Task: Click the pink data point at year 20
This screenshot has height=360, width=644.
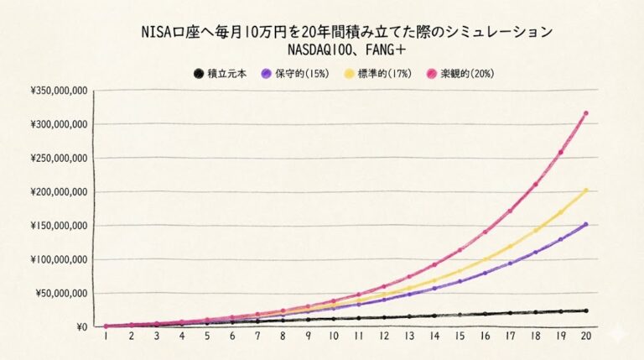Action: (586, 112)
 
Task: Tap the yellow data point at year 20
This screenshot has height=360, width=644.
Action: (586, 190)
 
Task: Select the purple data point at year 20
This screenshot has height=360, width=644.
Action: (586, 224)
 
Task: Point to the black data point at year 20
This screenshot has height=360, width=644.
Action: (586, 310)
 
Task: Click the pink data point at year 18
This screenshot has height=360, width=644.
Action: (536, 185)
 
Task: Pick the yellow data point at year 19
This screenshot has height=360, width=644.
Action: (561, 211)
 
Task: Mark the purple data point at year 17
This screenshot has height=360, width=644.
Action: (511, 263)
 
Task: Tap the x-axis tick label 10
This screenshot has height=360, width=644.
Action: (334, 337)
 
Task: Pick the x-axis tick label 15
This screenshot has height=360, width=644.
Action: (460, 337)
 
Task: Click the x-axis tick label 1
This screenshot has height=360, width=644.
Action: (106, 337)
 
